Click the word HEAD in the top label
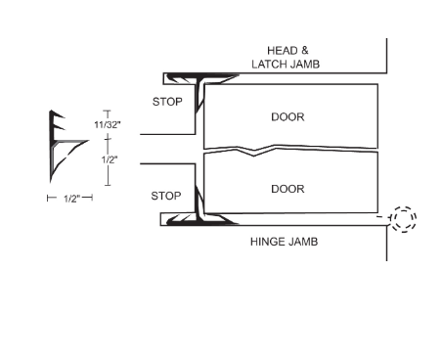click(x=281, y=49)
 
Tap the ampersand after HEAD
click(x=307, y=49)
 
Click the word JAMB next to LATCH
click(x=306, y=64)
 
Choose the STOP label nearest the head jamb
click(x=166, y=101)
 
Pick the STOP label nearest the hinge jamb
click(x=166, y=196)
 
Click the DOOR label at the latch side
click(x=287, y=117)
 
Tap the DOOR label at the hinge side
click(x=287, y=188)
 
